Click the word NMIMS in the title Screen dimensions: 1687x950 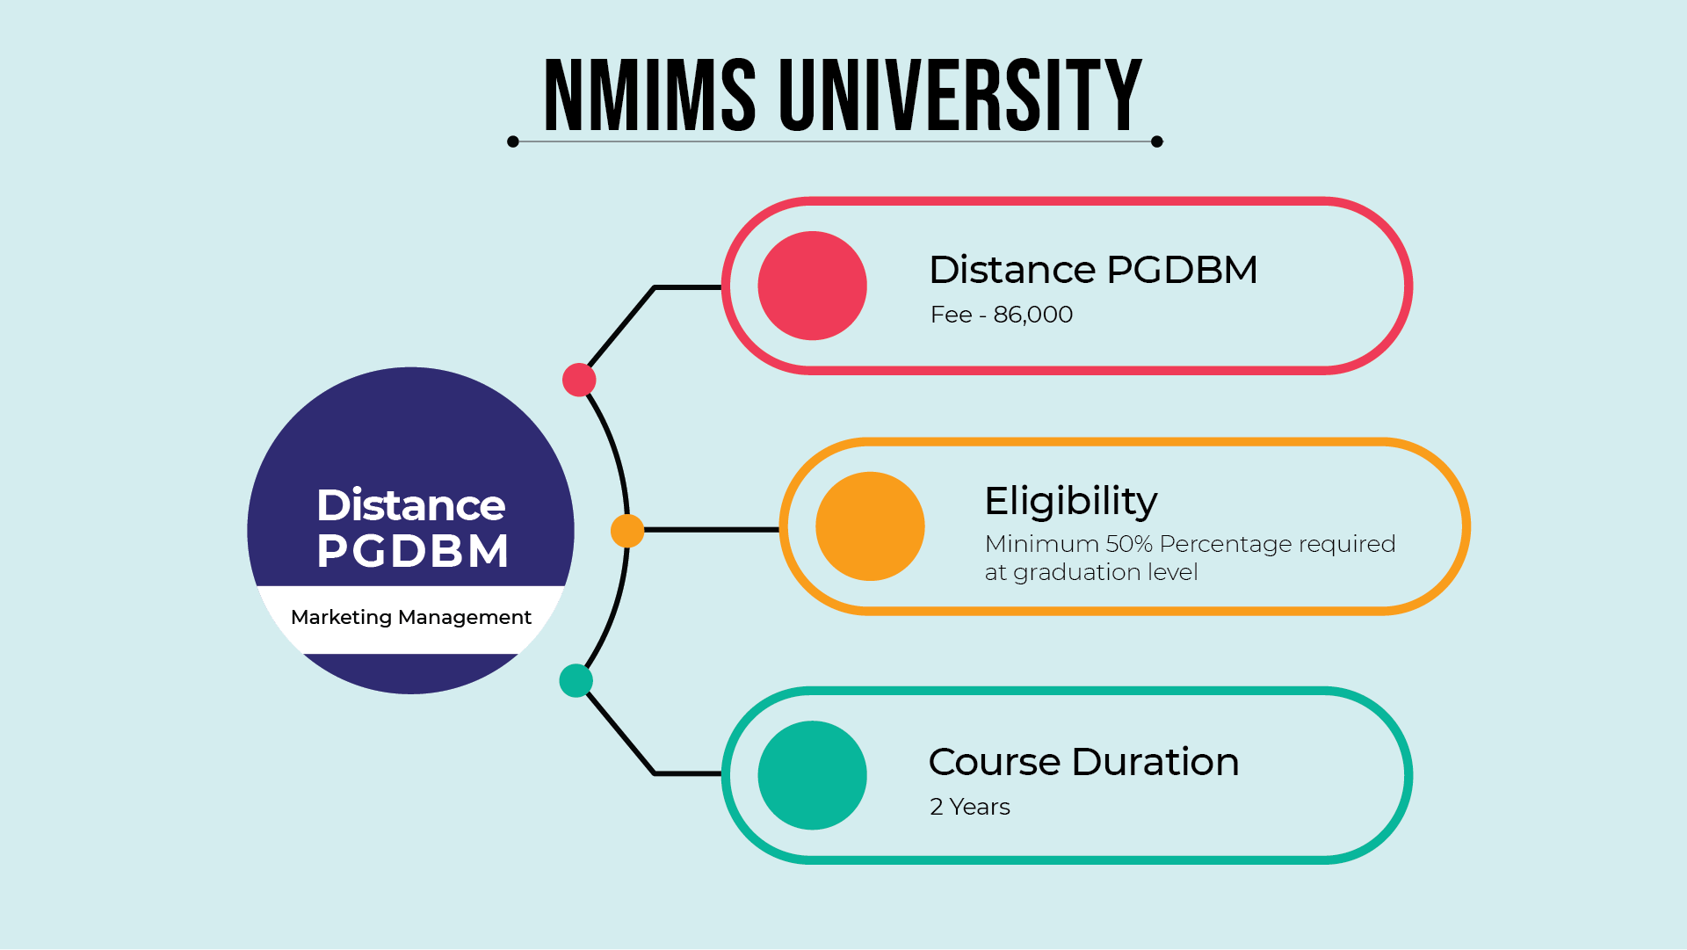coord(650,95)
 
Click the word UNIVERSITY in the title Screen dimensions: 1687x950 coord(960,95)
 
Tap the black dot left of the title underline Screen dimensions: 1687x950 coord(513,141)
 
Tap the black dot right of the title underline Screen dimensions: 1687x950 coord(1157,141)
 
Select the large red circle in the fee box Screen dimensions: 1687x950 coord(812,286)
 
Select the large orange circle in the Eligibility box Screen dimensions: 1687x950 coord(870,526)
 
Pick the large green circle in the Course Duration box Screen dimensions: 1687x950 coord(812,775)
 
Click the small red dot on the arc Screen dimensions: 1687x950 coord(579,380)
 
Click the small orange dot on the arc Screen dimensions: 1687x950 coord(627,531)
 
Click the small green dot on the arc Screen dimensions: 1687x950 coord(576,680)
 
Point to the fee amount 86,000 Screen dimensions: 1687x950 coord(1033,315)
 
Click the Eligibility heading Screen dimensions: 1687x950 coord(1071,502)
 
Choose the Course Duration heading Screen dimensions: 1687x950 coord(1084,762)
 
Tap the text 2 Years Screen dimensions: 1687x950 coord(970,807)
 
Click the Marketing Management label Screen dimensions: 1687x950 coord(411,618)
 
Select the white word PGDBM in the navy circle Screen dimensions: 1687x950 coord(413,552)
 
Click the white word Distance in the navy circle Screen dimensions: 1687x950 coord(411,505)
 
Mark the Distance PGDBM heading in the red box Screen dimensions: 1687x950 coord(1093,270)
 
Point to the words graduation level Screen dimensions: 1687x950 coord(1105,573)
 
